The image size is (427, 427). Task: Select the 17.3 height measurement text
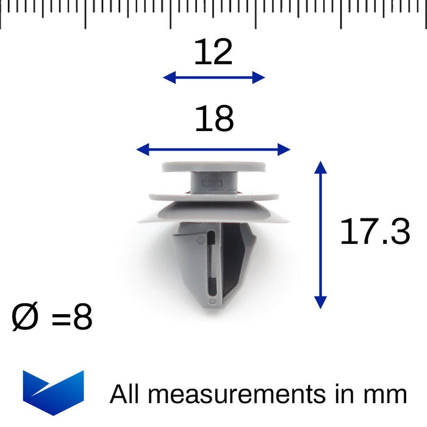coord(375,232)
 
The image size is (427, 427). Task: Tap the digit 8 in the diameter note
coord(82,318)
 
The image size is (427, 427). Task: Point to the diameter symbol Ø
coord(25,318)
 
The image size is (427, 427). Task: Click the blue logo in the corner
coord(53,392)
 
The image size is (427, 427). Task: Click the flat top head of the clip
coord(213,167)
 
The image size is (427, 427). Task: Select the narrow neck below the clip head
coord(213,182)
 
